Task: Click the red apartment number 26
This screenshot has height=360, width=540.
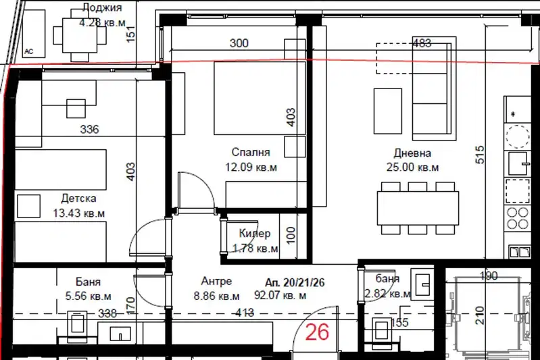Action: click(x=317, y=332)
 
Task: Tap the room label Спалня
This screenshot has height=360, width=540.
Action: click(x=250, y=152)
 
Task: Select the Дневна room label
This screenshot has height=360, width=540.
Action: click(x=412, y=153)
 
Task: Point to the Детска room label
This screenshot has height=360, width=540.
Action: click(x=78, y=199)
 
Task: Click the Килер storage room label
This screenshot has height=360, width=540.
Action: click(x=255, y=233)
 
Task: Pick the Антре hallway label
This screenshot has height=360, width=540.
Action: click(x=216, y=281)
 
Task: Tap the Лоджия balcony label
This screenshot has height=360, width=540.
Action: click(x=102, y=8)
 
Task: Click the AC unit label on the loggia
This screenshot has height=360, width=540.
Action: click(x=29, y=51)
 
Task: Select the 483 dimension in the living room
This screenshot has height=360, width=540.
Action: click(x=422, y=43)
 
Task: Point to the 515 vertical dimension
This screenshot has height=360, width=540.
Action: click(x=480, y=155)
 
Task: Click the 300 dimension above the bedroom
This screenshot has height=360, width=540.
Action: click(x=239, y=43)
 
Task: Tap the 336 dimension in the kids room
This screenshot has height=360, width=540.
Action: click(x=89, y=130)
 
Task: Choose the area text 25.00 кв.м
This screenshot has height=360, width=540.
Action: click(x=412, y=168)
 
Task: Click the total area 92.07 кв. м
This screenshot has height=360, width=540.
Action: click(x=280, y=295)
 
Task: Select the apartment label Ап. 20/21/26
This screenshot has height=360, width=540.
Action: click(x=295, y=282)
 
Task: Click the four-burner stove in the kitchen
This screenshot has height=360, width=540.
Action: click(x=518, y=218)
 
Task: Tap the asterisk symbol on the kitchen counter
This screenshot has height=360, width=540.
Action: click(x=514, y=114)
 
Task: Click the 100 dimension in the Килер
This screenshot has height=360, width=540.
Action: click(x=291, y=235)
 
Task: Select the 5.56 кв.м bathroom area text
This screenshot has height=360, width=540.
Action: click(x=88, y=296)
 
